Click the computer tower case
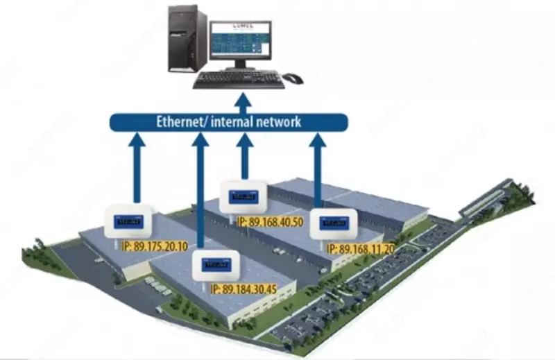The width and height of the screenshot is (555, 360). (x=187, y=40)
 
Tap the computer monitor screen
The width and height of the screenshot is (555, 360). (x=241, y=42)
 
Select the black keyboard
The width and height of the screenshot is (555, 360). (x=238, y=80)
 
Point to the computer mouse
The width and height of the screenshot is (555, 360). (x=293, y=78)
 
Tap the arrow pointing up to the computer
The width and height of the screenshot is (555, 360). (x=242, y=101)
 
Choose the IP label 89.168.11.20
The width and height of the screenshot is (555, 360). (x=361, y=248)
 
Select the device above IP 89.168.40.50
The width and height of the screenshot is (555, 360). (x=244, y=196)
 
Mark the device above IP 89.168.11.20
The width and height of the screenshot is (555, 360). (x=334, y=224)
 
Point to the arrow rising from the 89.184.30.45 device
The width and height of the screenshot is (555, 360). (x=201, y=194)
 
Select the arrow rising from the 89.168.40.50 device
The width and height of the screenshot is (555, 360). (x=244, y=156)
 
